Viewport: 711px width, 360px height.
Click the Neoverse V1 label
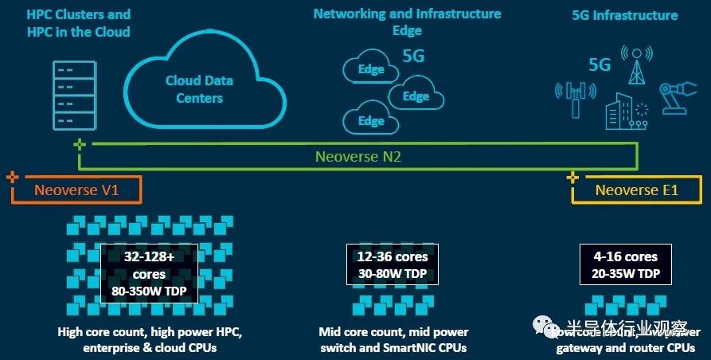tap(76, 190)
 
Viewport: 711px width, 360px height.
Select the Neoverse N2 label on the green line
tap(358, 157)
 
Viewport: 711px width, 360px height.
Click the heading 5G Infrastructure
tap(626, 15)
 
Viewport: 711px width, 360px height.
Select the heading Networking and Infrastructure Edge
tap(407, 22)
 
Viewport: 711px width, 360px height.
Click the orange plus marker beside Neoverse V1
tap(10, 177)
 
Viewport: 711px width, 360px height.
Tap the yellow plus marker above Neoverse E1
tap(572, 177)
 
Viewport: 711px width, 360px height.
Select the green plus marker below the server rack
tap(79, 144)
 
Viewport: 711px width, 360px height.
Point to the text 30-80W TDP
tap(393, 273)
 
